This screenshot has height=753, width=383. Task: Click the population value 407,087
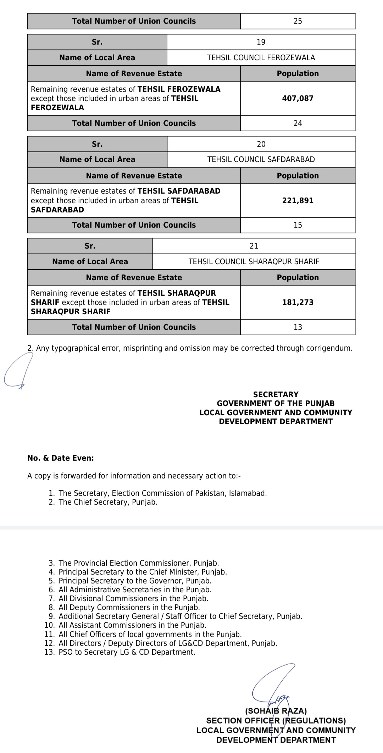coord(298,98)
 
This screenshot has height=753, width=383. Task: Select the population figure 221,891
coord(298,200)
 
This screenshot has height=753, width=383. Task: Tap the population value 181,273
coord(298,302)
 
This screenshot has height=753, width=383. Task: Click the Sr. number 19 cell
coord(261,42)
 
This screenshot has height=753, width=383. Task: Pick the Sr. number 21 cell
coord(254,246)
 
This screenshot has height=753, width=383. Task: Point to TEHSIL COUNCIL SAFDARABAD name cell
coord(261,160)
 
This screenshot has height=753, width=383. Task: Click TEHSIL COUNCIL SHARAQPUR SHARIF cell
coord(254,262)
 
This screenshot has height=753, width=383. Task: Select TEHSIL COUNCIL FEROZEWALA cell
coord(261,58)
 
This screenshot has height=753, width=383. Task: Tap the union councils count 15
coord(298,225)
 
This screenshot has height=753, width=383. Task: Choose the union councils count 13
coord(298,327)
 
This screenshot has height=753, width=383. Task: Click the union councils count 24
coord(298,123)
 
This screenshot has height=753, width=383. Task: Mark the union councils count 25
coord(298,21)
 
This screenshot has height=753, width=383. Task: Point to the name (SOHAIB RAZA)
coord(276,711)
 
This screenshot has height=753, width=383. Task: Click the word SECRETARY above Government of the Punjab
coord(276,394)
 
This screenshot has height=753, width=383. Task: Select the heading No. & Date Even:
coord(61,458)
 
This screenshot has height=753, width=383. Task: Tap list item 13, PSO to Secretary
coord(127,652)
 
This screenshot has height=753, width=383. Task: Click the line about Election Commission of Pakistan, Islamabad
coord(162,493)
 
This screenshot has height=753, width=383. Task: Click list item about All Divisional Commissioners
coord(133,598)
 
